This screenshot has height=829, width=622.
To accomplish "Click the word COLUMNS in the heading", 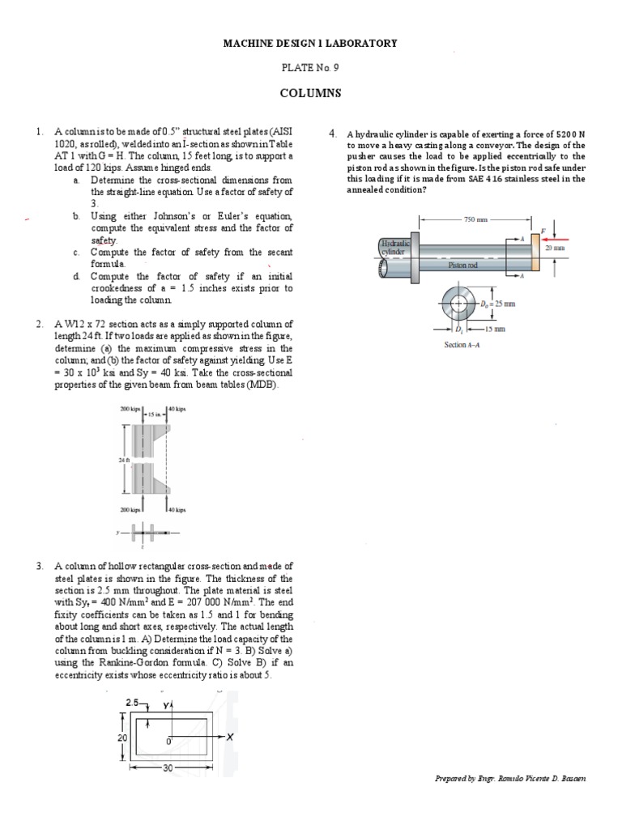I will tap(310, 93).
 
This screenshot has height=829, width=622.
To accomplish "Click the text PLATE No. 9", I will tap(310, 68).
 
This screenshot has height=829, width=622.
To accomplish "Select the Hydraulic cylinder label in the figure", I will tap(395, 246).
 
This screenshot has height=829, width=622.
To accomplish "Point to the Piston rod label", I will tap(463, 265).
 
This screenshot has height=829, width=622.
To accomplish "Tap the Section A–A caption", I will tap(462, 344).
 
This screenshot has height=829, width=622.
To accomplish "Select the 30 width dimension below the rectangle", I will tap(168, 767).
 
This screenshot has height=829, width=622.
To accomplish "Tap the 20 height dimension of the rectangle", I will tap(122, 738).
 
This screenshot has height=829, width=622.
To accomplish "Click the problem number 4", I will tap(333, 133).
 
